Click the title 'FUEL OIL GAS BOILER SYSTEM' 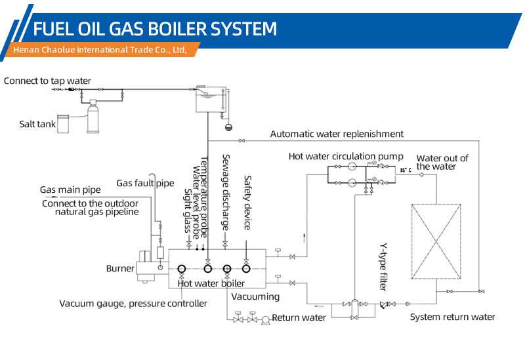tap(155, 29)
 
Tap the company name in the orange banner tap(100, 50)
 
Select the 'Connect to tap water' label tap(47, 81)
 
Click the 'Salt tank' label tap(37, 124)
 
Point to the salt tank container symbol tap(63, 124)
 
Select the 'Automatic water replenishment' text tap(337, 134)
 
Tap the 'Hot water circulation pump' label tap(346, 156)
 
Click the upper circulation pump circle tap(352, 166)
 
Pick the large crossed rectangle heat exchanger tap(436, 241)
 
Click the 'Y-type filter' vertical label tap(384, 267)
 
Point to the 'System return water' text tap(452, 317)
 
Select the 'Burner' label tap(120, 268)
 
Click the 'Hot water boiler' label tap(211, 283)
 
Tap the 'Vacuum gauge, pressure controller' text tap(133, 304)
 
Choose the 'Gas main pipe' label tap(70, 190)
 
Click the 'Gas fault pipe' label tap(145, 183)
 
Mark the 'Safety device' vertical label tap(247, 203)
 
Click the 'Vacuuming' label tap(255, 297)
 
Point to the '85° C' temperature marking tap(406, 170)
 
